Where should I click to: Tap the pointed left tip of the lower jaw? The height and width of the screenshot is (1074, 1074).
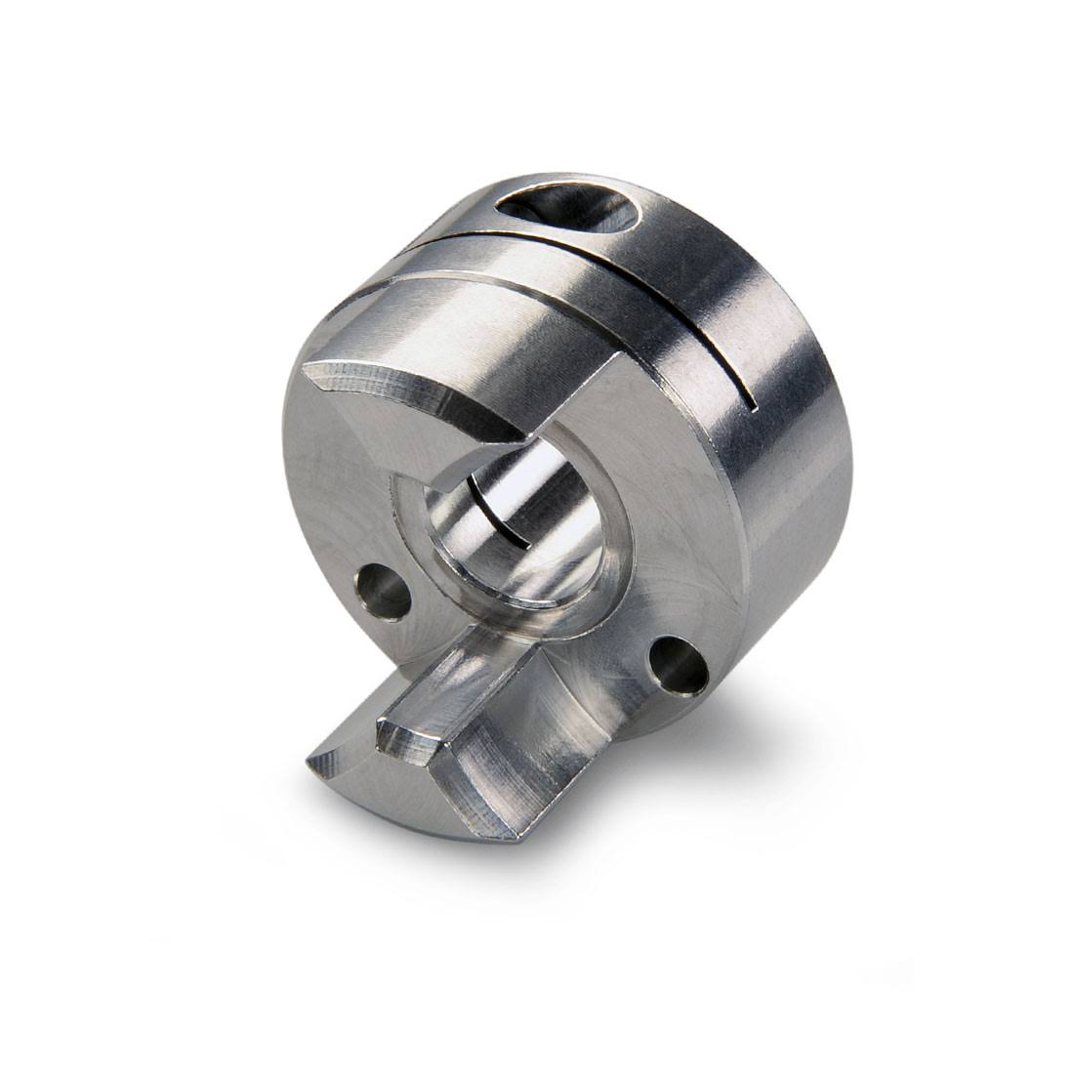coord(315,764)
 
